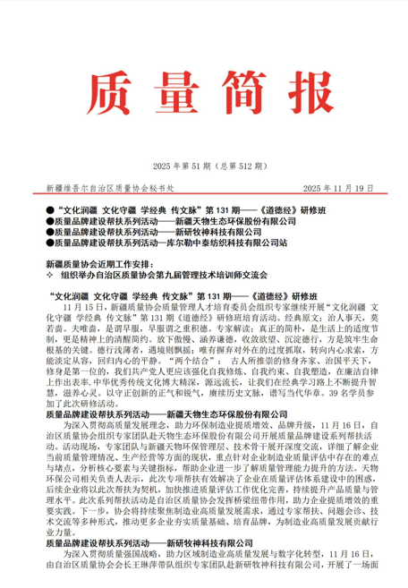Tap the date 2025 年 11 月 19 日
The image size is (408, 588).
point(337,189)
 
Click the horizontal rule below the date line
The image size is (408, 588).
point(204,197)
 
